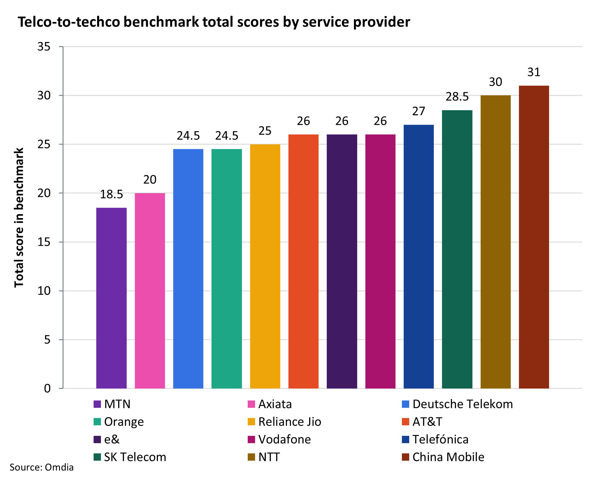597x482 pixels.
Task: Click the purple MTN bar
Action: [111, 298]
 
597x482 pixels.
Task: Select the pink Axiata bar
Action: [150, 291]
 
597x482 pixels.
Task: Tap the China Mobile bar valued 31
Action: [534, 237]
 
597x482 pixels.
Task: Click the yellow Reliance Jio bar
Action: [265, 266]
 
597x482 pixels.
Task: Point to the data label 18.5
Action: [111, 194]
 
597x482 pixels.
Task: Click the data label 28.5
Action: [457, 97]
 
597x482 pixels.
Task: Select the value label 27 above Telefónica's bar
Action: [419, 111]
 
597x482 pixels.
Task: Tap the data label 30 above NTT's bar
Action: [496, 82]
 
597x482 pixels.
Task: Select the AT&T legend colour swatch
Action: [405, 422]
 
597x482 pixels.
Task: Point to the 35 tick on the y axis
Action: [44, 47]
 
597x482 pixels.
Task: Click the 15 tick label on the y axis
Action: [44, 242]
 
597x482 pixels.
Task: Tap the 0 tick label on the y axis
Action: [47, 389]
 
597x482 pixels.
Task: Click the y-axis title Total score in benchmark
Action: [19, 218]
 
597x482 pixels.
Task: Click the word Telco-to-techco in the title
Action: [69, 22]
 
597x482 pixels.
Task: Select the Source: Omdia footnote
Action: [42, 467]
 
